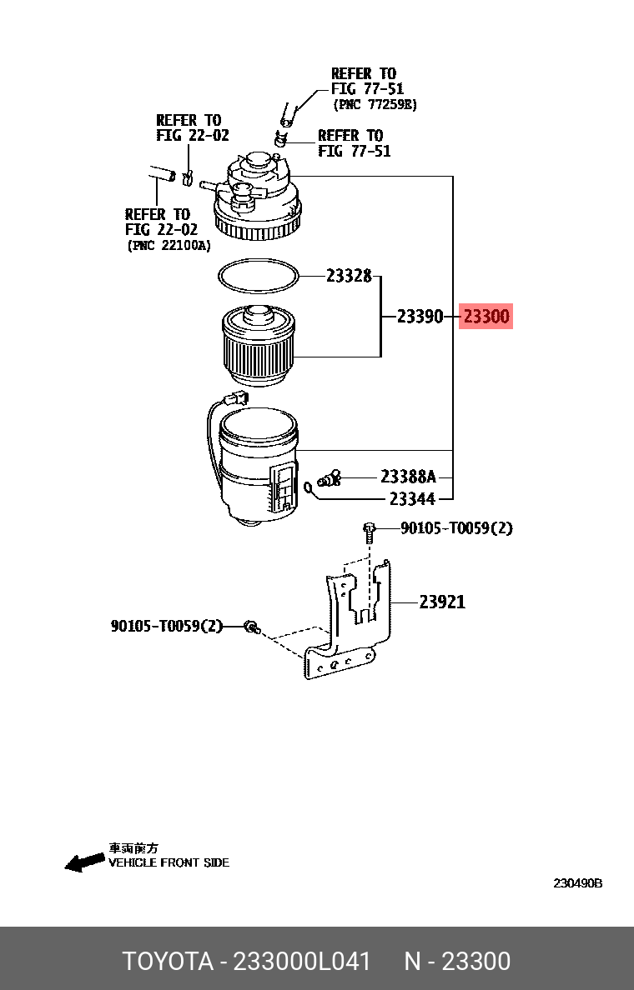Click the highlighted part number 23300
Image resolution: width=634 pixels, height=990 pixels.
[486, 317]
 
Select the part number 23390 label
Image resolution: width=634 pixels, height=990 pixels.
[420, 317]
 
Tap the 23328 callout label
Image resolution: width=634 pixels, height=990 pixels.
[348, 276]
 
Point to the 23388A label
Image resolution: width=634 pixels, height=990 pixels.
[408, 477]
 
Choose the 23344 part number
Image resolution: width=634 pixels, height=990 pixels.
[412, 499]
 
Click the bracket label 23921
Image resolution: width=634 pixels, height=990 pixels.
[442, 602]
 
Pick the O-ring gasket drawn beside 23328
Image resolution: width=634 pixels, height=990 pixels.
[258, 277]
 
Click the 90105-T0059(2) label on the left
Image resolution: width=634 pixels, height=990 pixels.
[167, 625]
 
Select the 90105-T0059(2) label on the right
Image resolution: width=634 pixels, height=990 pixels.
[456, 528]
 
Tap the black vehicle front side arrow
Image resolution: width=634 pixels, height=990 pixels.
[85, 862]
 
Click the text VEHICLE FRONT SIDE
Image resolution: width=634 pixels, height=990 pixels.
[169, 862]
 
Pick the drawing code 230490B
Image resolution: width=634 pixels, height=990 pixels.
[577, 883]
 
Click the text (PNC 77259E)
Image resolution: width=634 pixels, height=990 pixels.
[375, 105]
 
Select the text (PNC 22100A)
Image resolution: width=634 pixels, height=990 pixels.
[169, 246]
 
